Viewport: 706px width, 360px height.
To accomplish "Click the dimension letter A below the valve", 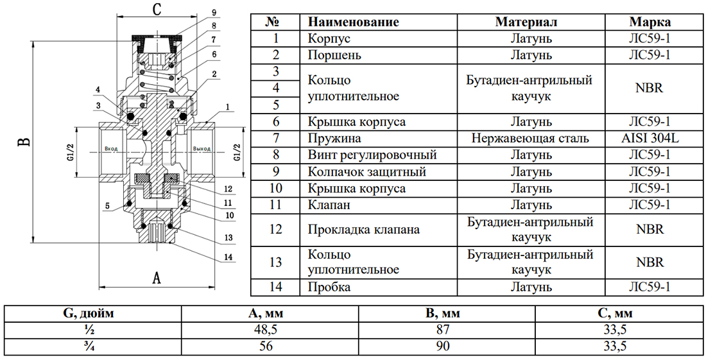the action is (156, 278).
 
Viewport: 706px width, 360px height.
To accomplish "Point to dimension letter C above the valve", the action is (156, 9).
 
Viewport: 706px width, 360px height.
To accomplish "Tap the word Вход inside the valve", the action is (111, 148).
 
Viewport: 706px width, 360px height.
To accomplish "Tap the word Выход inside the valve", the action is (202, 148).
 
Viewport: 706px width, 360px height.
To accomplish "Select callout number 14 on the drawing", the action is (228, 257).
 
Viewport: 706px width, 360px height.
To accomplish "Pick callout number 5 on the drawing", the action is (107, 205).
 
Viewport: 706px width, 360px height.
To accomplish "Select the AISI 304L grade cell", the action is (650, 138).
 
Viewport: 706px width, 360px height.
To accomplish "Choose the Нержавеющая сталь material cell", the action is (530, 138).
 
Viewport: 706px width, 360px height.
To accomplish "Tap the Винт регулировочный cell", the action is (372, 155).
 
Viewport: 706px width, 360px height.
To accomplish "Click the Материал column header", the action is (526, 22).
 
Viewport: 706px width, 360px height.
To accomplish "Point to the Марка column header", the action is (650, 22).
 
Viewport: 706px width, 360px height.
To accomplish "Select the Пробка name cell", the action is (329, 287).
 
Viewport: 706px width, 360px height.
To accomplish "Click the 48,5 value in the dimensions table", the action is (266, 330).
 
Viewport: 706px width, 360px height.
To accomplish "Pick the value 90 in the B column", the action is (443, 346).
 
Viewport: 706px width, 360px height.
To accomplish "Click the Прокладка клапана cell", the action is (364, 230).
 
